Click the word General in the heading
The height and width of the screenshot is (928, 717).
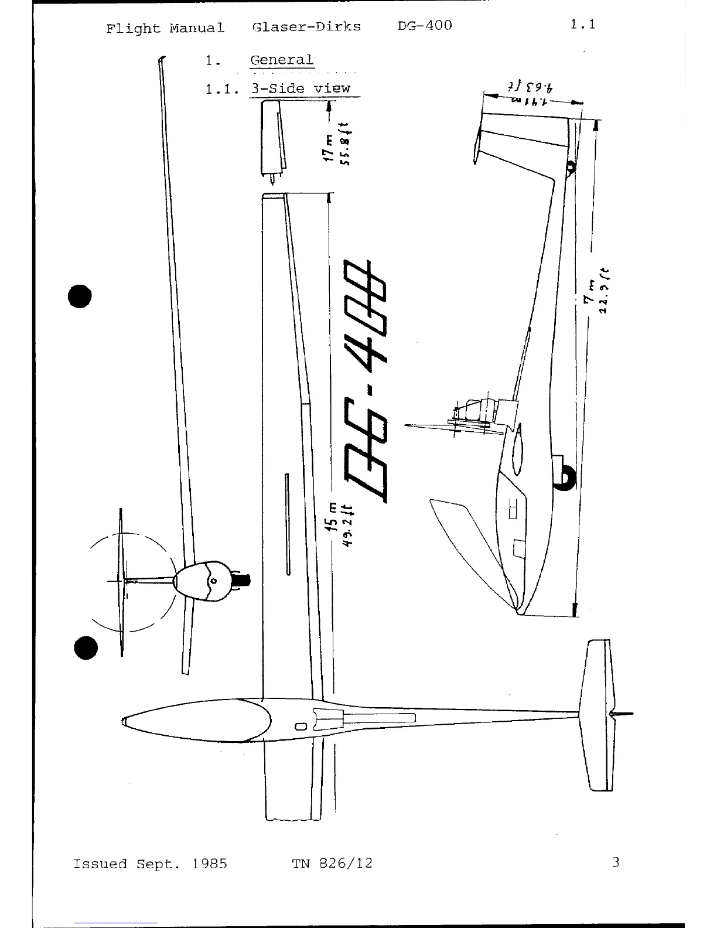pos(282,60)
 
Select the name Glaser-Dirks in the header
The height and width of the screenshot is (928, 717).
pos(306,27)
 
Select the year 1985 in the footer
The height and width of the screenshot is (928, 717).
pos(209,864)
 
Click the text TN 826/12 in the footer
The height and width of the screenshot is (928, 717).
pos(332,864)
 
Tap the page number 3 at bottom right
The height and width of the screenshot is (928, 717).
pos(615,862)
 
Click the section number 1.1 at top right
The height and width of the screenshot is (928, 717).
pos(582,25)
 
